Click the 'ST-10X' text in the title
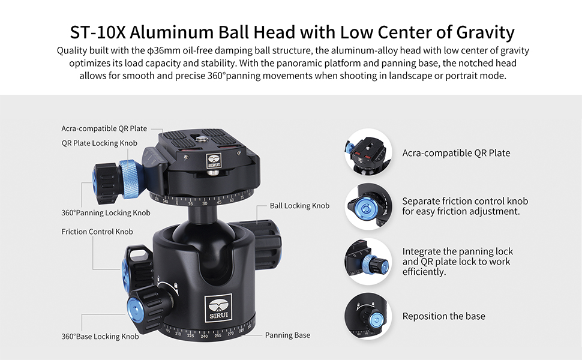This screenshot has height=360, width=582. coord(98,32)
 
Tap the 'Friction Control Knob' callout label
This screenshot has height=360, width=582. coord(97,232)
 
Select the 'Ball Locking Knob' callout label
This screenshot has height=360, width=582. coord(299,206)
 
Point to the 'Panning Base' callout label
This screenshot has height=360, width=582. coord(287,335)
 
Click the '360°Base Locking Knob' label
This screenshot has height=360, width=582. coord(100,337)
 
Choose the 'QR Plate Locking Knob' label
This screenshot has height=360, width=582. coord(100,143)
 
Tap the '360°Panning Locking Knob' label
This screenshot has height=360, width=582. coord(106,212)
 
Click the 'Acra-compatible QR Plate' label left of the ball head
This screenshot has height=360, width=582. coord(104,128)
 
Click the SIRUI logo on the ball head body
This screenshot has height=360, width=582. coord(218,308)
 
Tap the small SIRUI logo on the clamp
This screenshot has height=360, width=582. coord(214,161)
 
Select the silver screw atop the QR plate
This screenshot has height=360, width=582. coord(202,140)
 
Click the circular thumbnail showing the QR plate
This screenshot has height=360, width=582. coord(368,152)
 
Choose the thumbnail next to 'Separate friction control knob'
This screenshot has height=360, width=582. coord(368,206)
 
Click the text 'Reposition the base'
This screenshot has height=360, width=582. coord(444,316)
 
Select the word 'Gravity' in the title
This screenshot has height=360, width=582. coord(485,32)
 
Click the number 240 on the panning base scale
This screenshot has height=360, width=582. coord(204,336)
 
